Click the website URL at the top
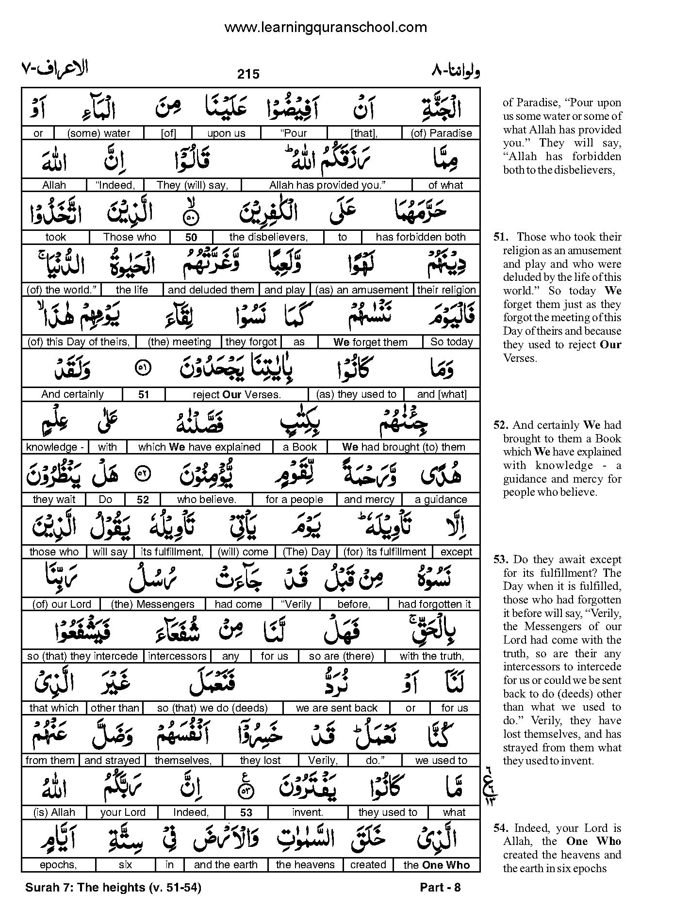[325, 27]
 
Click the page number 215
[248, 74]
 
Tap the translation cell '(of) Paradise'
[441, 133]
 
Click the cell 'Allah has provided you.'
[327, 185]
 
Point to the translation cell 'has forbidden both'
[420, 237]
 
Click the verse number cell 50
[191, 237]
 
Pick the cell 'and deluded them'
[211, 290]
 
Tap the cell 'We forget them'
[370, 342]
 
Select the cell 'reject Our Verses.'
[237, 394]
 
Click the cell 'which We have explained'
[199, 447]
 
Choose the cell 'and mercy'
[369, 500]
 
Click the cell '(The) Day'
[307, 552]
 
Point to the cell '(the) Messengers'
[152, 604]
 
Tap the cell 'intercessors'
[178, 656]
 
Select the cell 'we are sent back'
[337, 708]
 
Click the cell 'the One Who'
[436, 865]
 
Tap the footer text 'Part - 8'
[440, 888]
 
